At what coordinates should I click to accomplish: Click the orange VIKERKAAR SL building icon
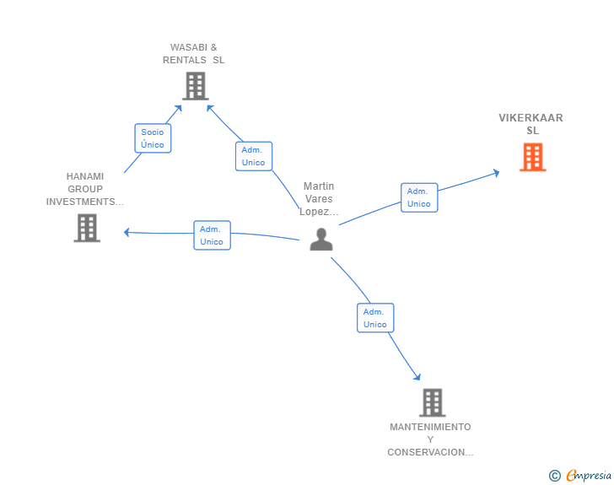click(532, 157)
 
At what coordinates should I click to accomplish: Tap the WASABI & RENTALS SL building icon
click(195, 86)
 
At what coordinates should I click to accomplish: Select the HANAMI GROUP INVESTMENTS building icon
click(87, 228)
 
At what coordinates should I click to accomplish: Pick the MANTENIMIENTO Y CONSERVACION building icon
click(432, 402)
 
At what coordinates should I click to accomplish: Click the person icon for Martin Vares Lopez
click(320, 240)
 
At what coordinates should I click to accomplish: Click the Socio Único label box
click(153, 138)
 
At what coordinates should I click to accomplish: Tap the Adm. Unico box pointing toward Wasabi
click(253, 156)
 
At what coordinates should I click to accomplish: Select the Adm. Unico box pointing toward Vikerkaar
click(418, 197)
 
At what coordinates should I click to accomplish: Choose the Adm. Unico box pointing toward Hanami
click(212, 235)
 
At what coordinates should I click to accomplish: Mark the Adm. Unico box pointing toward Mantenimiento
click(375, 318)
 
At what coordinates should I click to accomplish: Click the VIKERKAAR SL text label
click(531, 124)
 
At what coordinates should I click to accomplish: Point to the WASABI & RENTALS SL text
click(194, 54)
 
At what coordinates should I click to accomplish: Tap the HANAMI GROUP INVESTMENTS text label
click(84, 189)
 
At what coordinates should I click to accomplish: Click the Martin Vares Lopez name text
click(319, 199)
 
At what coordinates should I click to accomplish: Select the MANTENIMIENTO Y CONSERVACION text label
click(430, 439)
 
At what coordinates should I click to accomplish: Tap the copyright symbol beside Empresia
click(555, 476)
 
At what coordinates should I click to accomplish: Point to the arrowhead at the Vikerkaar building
click(496, 173)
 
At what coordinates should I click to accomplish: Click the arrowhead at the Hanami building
click(127, 232)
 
